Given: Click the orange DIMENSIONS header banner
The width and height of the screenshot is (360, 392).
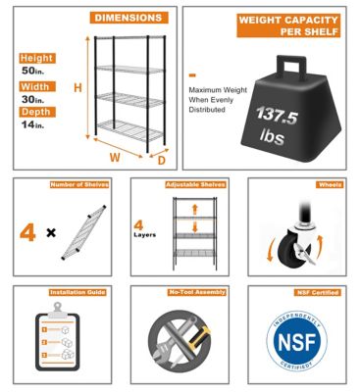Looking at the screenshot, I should [129, 18].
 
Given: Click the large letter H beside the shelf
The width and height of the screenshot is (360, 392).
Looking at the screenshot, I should [77, 88].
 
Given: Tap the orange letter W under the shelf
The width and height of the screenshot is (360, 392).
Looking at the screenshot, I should [116, 156].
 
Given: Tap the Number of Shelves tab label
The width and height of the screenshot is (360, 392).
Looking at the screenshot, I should [79, 184].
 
